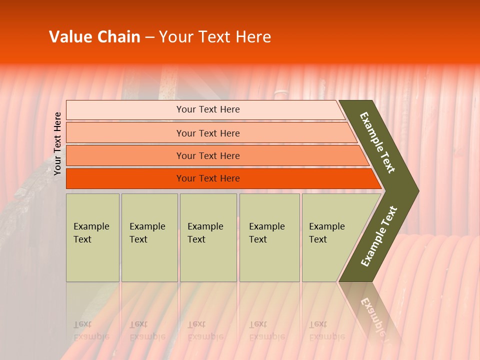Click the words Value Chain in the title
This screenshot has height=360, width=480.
tap(94, 37)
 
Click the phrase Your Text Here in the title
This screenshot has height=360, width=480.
tap(215, 37)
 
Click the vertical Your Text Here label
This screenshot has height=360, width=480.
tap(57, 143)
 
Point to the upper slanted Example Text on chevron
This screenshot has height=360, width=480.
tap(377, 142)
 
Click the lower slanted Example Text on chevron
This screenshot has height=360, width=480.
tap(378, 236)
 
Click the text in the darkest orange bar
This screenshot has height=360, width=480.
tap(208, 178)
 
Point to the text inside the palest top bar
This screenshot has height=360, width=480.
tap(208, 109)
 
